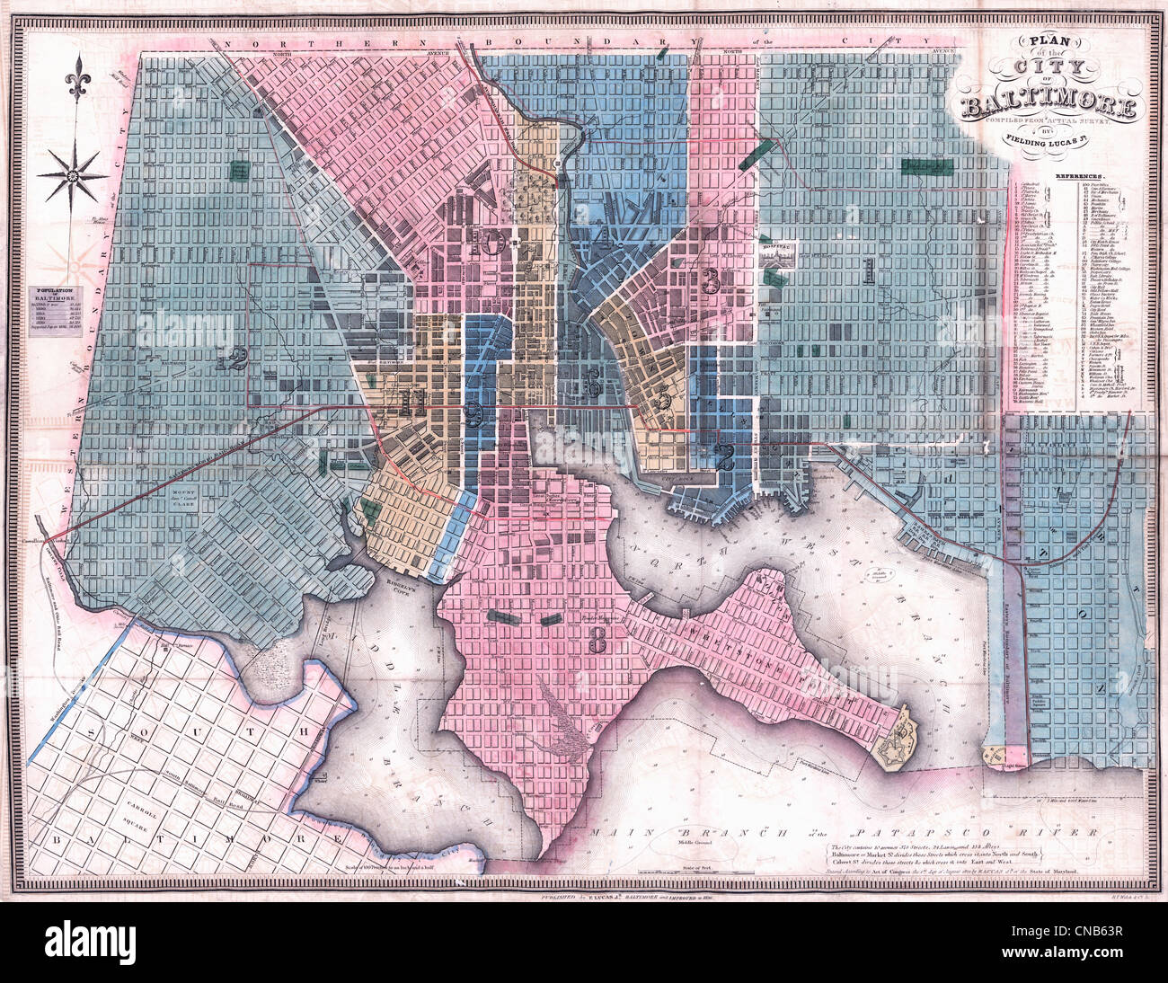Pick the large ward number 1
pyautogui.click(x=869, y=268)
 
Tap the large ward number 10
pyautogui.click(x=491, y=241)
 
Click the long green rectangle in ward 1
pyautogui.click(x=928, y=167)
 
